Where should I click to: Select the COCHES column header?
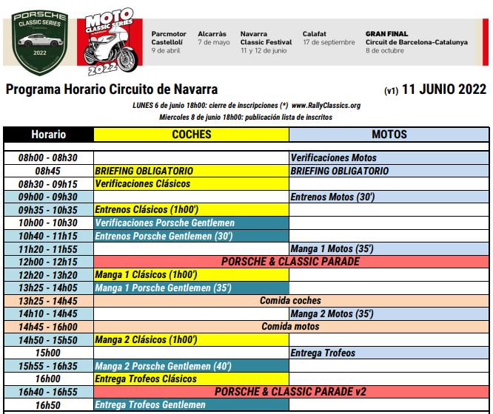click(x=191, y=135)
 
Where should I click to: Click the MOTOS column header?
click(x=389, y=135)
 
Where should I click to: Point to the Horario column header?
click(x=48, y=135)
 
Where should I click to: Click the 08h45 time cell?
click(x=48, y=171)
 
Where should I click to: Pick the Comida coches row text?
click(x=290, y=301)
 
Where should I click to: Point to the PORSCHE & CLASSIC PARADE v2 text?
click(x=290, y=392)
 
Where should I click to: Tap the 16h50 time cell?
click(x=48, y=404)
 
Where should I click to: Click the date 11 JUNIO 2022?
click(x=443, y=90)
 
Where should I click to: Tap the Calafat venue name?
click(x=315, y=34)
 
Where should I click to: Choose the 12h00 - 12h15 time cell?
click(x=48, y=262)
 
